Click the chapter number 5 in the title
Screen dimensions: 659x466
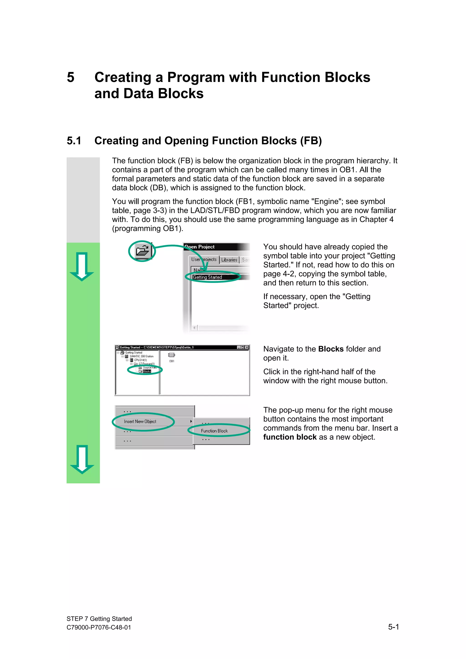coord(71,78)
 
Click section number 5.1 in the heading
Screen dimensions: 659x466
coord(74,141)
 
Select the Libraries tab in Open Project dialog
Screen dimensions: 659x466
coord(229,260)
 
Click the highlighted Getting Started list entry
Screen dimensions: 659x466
coord(207,277)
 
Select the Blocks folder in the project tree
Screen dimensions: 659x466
coord(147,371)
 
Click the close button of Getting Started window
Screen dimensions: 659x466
coord(247,347)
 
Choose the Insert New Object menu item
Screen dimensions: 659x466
coord(140,421)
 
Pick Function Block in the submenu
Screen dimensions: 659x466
coord(214,431)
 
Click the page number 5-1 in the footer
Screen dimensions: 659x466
coord(393,627)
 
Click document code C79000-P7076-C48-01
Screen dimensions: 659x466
coord(99,627)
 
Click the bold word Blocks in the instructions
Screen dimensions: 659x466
coord(331,349)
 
